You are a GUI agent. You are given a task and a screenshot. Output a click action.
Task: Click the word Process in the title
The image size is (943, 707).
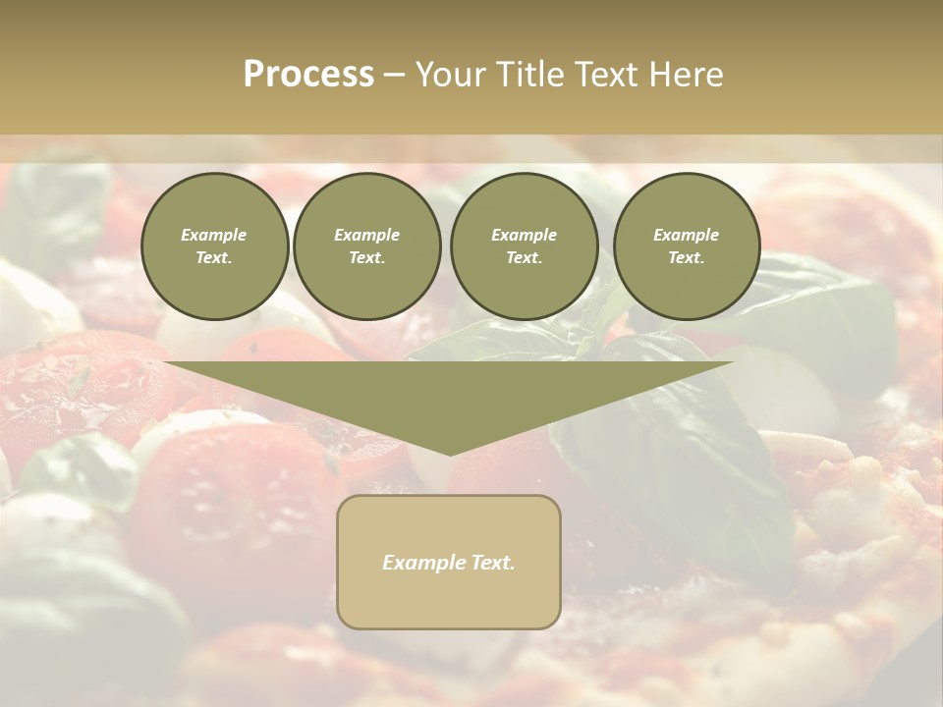pyautogui.click(x=308, y=75)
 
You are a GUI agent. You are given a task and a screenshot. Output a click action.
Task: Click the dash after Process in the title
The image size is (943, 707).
pyautogui.click(x=394, y=76)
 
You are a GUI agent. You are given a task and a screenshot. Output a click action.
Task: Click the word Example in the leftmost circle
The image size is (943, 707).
pyautogui.click(x=214, y=235)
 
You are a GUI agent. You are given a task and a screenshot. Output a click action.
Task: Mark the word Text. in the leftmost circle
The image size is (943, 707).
pyautogui.click(x=214, y=258)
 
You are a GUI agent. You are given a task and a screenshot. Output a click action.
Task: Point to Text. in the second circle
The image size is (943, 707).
pyautogui.click(x=366, y=258)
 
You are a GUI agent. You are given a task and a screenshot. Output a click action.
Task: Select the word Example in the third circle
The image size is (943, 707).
pyautogui.click(x=524, y=235)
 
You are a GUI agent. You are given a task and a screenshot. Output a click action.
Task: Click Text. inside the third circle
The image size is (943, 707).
pyautogui.click(x=524, y=258)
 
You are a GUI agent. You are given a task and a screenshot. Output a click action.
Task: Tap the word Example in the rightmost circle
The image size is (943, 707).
pyautogui.click(x=687, y=235)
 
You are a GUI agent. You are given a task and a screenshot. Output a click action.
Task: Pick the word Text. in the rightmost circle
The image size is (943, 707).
pyautogui.click(x=687, y=258)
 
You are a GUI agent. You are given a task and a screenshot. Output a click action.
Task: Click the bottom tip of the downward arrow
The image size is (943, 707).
pyautogui.click(x=449, y=453)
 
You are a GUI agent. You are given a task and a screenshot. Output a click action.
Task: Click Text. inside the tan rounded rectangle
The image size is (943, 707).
pyautogui.click(x=493, y=563)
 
